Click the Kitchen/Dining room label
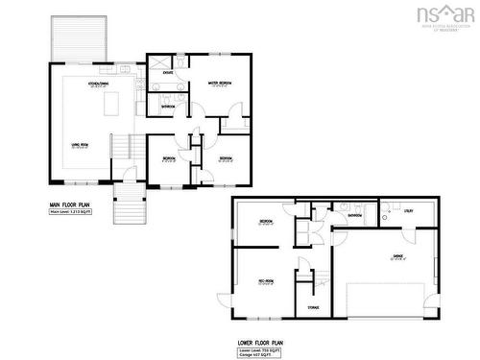(98, 84)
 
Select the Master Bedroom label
(220, 84)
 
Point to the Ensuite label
(167, 73)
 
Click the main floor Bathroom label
(168, 107)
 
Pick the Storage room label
(313, 307)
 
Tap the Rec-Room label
(266, 281)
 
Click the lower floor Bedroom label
(266, 223)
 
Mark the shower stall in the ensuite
(157, 59)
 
